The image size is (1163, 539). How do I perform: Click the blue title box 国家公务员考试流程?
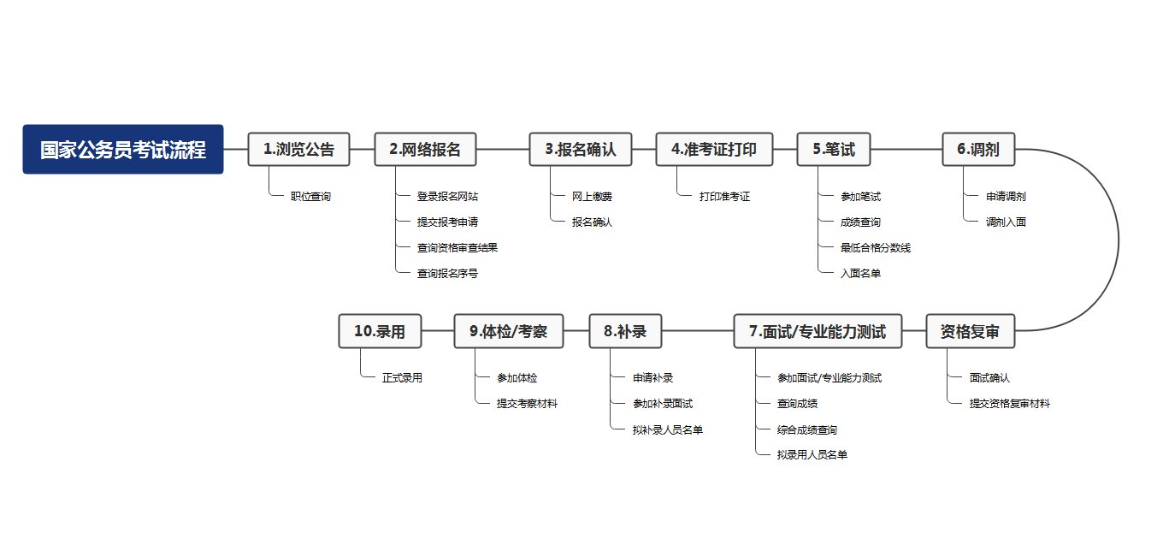click(123, 150)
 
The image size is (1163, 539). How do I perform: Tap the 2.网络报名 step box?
click(425, 150)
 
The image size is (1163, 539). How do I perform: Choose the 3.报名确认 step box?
click(581, 150)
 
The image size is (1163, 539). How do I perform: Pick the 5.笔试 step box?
click(834, 150)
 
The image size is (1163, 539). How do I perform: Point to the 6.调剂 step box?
click(978, 150)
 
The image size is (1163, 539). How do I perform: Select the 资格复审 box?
click(970, 331)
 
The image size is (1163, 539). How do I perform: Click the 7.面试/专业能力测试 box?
click(818, 331)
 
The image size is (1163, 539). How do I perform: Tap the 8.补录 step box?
click(625, 331)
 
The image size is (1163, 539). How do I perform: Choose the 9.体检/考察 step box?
click(509, 331)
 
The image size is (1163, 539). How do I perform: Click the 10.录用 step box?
click(380, 331)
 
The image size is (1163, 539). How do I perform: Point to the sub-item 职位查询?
click(310, 197)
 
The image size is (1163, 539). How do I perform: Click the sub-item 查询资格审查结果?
click(458, 248)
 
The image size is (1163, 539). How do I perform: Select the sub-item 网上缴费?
click(593, 197)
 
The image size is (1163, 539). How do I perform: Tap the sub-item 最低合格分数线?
click(876, 248)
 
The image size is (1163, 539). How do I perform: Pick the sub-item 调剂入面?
click(1006, 222)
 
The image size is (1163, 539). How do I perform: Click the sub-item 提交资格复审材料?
click(1009, 404)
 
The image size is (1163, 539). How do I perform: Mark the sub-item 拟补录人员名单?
click(668, 429)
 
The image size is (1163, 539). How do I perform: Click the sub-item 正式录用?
click(402, 378)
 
